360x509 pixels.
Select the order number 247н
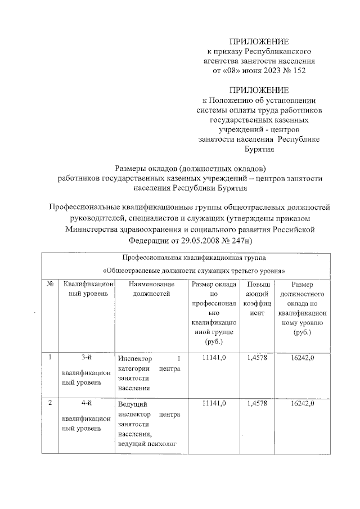point(238,240)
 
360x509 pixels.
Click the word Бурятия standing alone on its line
point(258,150)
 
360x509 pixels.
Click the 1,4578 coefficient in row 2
point(257,404)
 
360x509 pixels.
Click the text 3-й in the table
point(87,358)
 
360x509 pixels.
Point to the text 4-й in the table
point(87,404)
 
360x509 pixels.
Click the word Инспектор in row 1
point(135,358)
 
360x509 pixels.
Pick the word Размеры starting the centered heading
point(130,168)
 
